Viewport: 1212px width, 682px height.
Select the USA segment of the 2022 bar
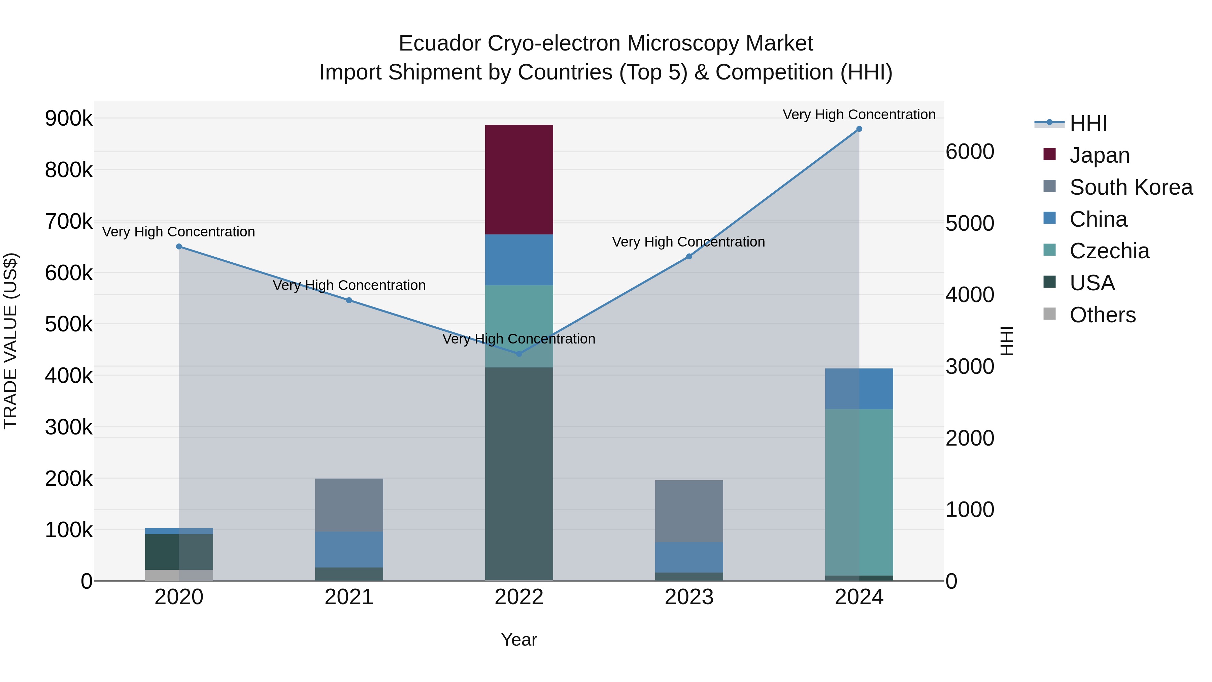(x=519, y=473)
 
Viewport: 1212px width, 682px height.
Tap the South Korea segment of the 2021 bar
(x=349, y=505)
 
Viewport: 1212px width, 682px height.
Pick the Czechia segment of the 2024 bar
(x=859, y=492)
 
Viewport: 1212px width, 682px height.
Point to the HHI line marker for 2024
(x=859, y=129)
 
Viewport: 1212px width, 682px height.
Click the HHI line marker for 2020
(x=179, y=247)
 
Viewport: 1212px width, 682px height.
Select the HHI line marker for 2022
(x=519, y=354)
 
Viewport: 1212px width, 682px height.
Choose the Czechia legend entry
(x=1109, y=251)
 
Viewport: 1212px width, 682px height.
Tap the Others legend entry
(x=1102, y=315)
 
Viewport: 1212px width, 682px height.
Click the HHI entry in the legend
(x=1088, y=123)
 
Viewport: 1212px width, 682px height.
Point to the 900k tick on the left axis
(x=69, y=118)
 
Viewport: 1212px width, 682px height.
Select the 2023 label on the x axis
(x=689, y=597)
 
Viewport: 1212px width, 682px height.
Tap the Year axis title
(x=519, y=640)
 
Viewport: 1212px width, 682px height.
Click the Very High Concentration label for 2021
(x=349, y=285)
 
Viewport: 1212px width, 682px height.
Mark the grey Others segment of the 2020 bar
(x=179, y=575)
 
